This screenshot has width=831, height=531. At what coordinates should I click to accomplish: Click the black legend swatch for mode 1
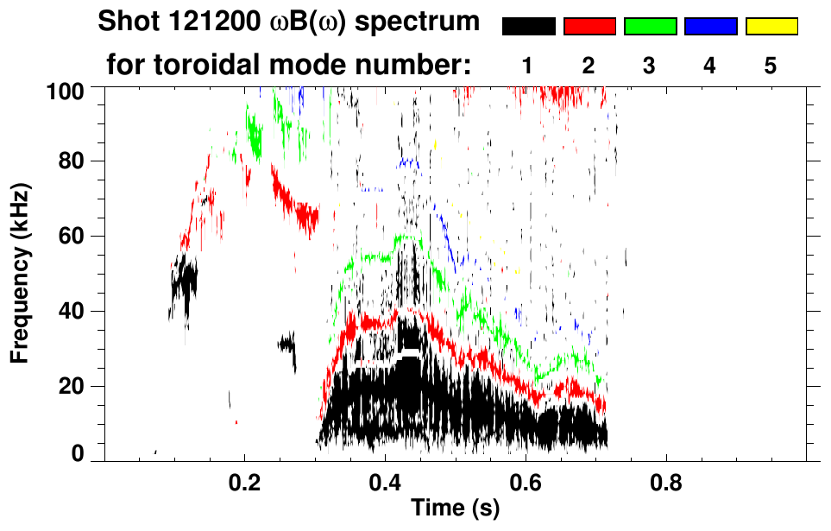(528, 27)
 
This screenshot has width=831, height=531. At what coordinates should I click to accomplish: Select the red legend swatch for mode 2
(589, 27)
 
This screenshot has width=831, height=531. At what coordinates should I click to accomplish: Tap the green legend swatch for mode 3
(650, 27)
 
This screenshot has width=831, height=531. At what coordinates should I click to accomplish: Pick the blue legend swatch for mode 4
(710, 27)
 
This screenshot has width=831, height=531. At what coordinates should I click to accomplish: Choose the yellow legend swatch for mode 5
(771, 27)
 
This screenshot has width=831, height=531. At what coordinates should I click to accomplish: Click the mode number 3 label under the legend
(650, 66)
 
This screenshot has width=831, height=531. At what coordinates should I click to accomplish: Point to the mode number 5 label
(771, 66)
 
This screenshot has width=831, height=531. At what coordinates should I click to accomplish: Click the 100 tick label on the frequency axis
(66, 89)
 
